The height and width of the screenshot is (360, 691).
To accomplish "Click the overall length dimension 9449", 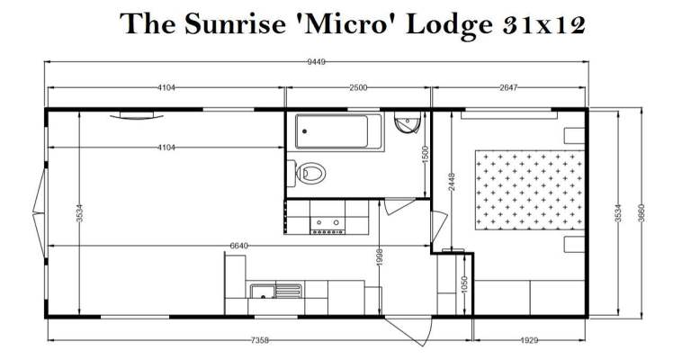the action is (x=316, y=62).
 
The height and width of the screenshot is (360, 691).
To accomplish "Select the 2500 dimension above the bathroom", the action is (x=358, y=87).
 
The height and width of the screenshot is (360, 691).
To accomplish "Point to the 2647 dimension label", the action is (x=508, y=87).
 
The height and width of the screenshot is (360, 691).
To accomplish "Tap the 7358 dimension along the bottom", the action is (x=259, y=340).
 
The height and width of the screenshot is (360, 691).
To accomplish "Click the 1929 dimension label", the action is (x=529, y=340).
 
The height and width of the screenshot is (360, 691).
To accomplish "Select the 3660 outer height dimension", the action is (x=642, y=212).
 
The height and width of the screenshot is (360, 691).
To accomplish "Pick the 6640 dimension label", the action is (x=238, y=246).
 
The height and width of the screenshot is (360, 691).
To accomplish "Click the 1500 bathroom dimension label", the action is (x=426, y=155).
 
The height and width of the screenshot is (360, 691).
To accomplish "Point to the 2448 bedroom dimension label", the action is (x=452, y=182).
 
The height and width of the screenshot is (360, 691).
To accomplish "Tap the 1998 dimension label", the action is (x=380, y=256).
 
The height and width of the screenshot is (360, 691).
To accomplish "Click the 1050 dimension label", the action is (x=463, y=284).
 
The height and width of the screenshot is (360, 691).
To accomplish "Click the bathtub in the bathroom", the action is (x=339, y=131).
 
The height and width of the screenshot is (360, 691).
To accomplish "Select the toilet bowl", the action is (x=311, y=173).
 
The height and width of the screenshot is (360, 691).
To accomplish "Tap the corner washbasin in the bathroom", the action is (x=408, y=122).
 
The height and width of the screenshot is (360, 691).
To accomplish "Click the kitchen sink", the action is (x=276, y=291).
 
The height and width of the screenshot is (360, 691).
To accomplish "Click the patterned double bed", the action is (x=530, y=190).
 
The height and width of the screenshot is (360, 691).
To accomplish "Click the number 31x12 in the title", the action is (x=544, y=24).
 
